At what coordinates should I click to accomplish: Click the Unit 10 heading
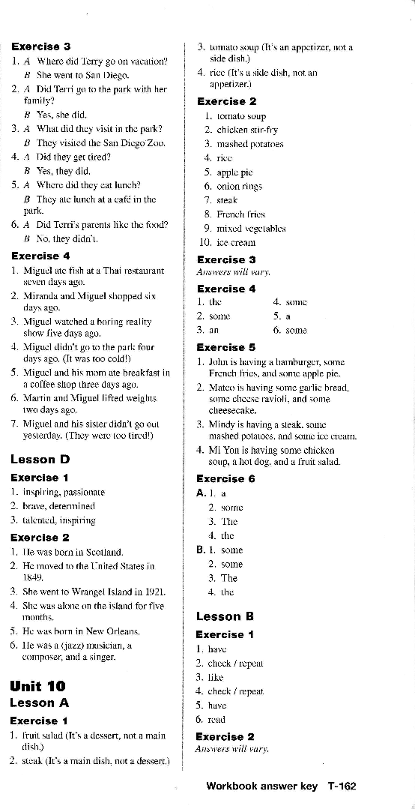pos(37,685)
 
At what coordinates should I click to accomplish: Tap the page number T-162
pos(342,787)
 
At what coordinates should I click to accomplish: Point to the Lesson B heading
pos(225,616)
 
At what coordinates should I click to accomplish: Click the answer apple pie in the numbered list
pos(221,171)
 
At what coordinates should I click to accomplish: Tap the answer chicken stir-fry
pos(239,130)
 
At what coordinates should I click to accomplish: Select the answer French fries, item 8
pos(229,214)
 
